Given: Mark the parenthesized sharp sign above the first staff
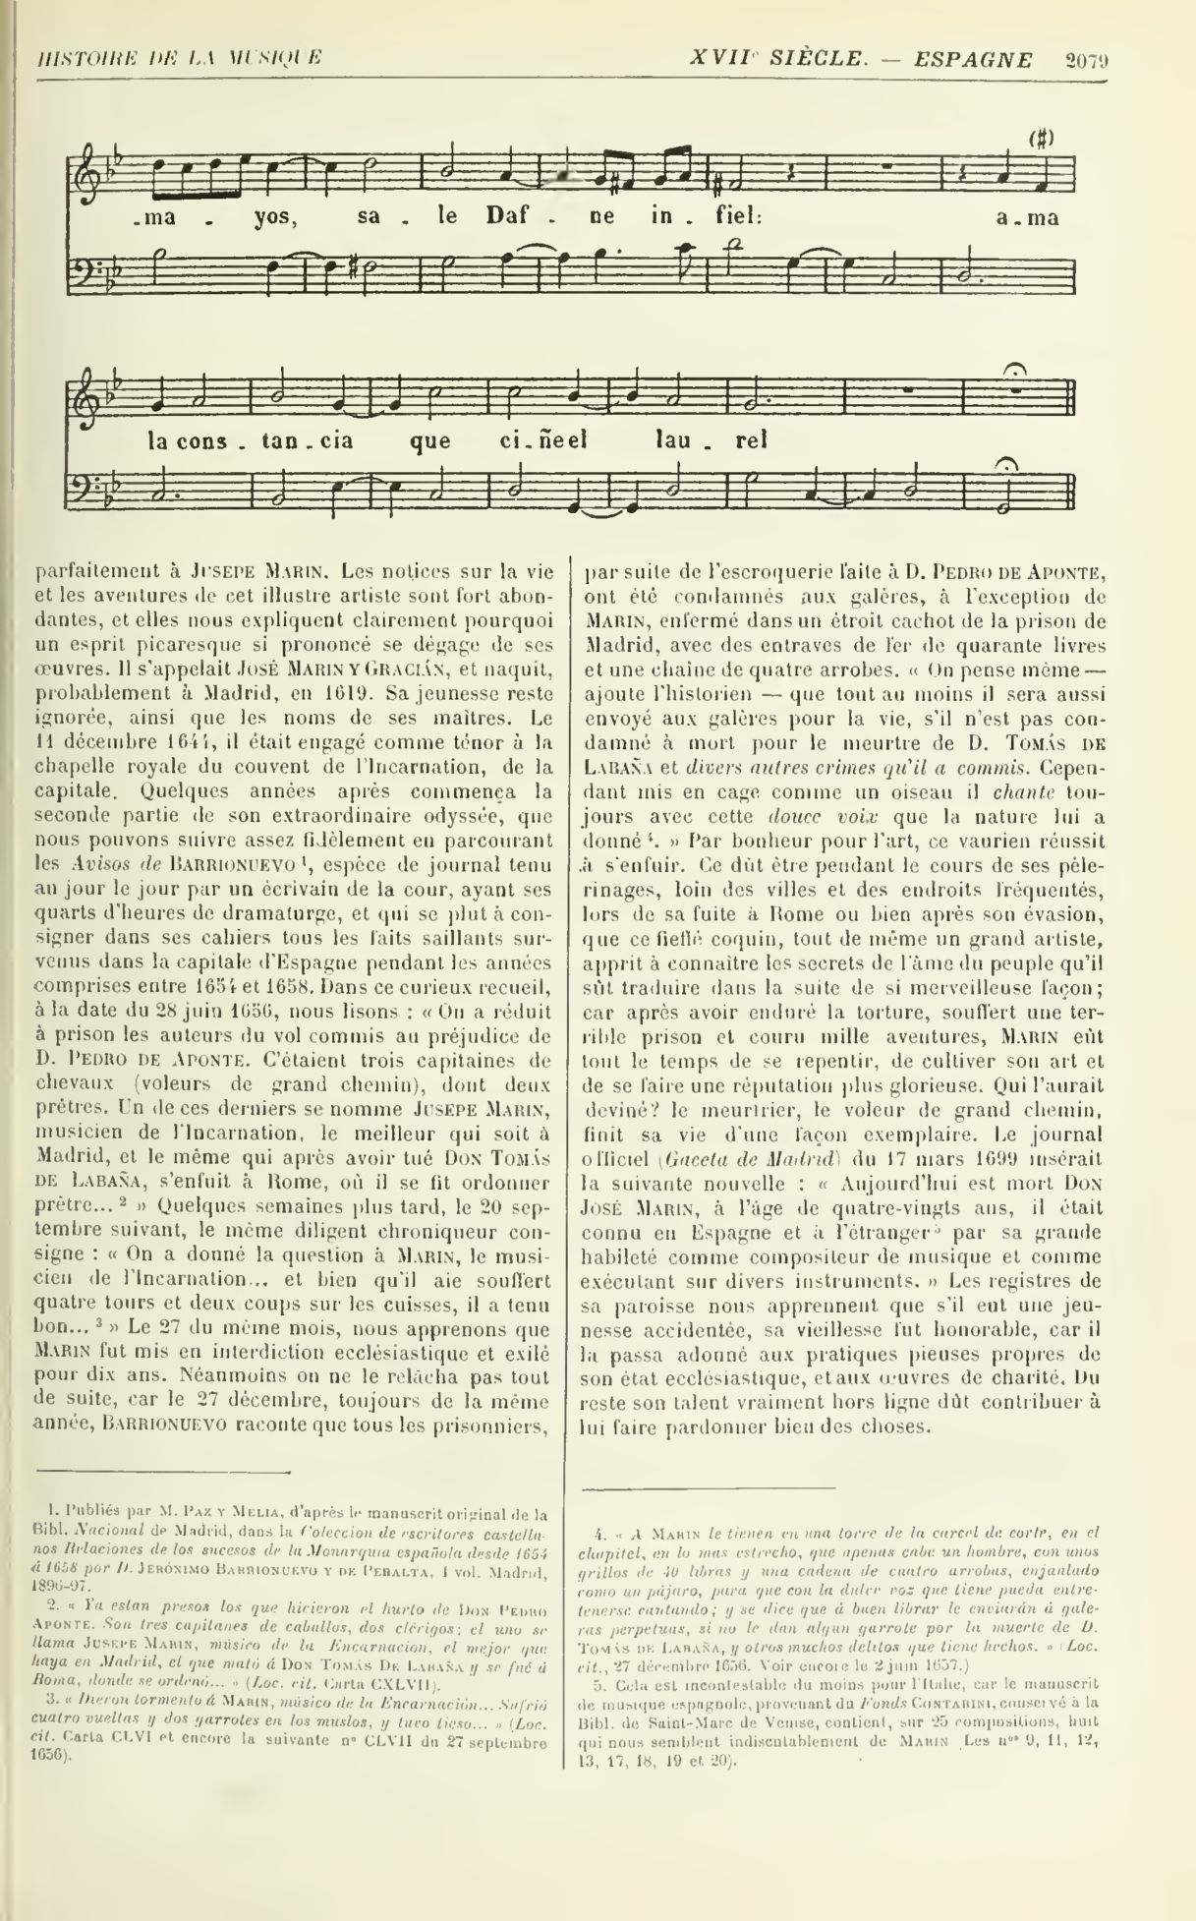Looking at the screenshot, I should [1041, 139].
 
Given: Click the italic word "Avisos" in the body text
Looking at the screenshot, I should [102, 864].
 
